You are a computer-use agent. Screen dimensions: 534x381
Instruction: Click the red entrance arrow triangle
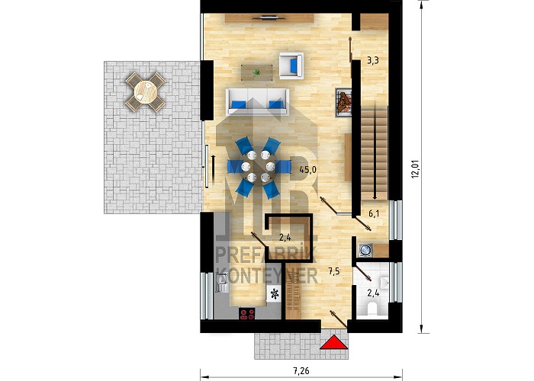334,343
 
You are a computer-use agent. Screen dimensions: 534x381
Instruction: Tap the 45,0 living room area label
308,170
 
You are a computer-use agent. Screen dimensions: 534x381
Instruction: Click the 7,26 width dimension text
301,370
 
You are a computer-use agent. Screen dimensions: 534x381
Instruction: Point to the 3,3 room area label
373,61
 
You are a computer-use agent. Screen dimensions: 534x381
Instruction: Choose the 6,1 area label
374,213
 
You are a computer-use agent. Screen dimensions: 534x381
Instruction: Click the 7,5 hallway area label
334,271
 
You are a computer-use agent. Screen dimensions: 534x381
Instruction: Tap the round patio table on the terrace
146,92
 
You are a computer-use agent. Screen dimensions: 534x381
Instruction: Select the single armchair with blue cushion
291,66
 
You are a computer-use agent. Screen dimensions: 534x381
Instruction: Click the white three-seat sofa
258,101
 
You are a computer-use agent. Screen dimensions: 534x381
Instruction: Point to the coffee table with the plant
257,73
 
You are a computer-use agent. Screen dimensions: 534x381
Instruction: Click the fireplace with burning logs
344,102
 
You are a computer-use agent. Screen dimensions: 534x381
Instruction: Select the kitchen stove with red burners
247,313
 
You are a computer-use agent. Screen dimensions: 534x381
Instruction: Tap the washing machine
365,250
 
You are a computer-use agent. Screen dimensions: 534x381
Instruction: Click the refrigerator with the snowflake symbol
275,293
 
